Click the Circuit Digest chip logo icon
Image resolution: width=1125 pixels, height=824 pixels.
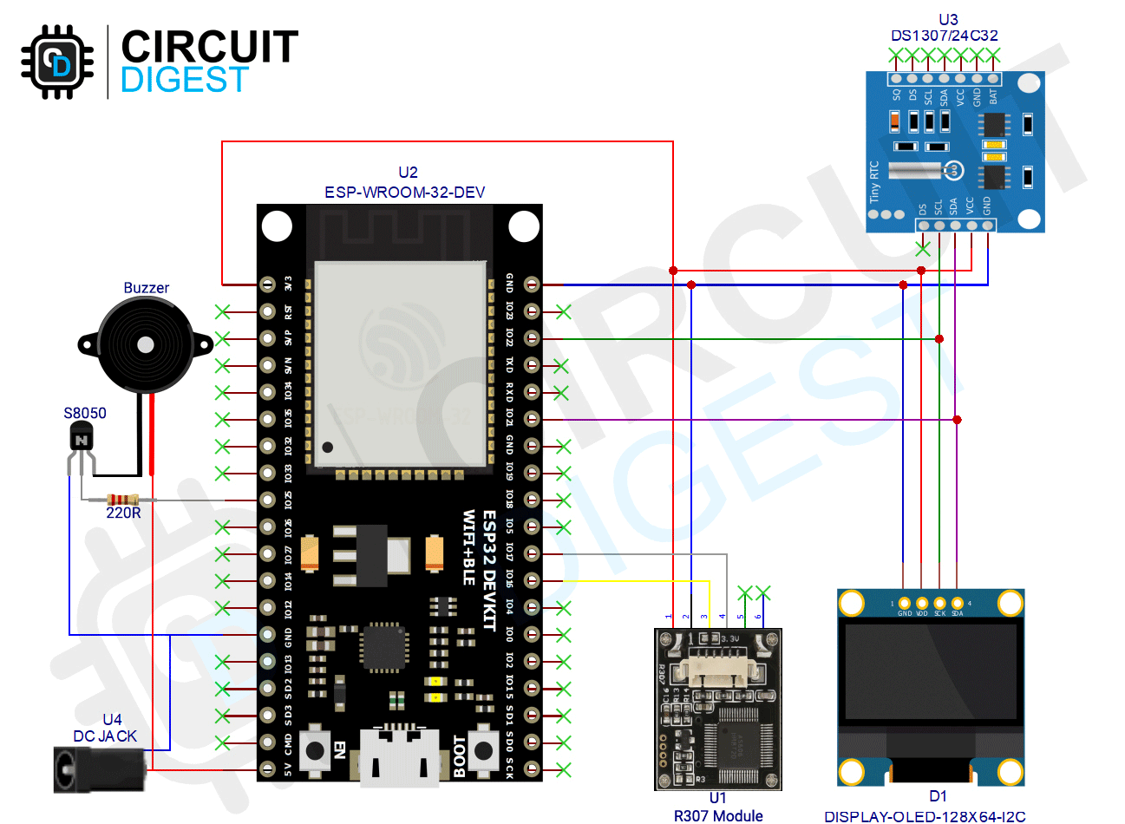tap(58, 62)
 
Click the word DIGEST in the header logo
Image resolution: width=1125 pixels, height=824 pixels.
tap(185, 80)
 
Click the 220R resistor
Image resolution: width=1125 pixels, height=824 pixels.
tap(122, 500)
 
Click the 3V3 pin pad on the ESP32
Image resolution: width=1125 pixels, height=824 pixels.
tap(268, 284)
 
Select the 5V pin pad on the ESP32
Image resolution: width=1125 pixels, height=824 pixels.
tap(268, 769)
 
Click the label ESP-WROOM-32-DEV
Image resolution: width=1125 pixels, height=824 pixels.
tap(404, 192)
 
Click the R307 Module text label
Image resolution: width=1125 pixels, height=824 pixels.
tap(718, 815)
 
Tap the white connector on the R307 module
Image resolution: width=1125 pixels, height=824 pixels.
tap(713, 670)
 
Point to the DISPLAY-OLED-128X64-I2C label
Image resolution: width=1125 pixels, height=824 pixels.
tap(925, 816)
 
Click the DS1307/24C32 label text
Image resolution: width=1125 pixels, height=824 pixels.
tap(945, 36)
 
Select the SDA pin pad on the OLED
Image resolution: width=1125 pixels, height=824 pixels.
tap(958, 603)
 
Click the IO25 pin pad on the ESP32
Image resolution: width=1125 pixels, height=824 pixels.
tap(268, 500)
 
